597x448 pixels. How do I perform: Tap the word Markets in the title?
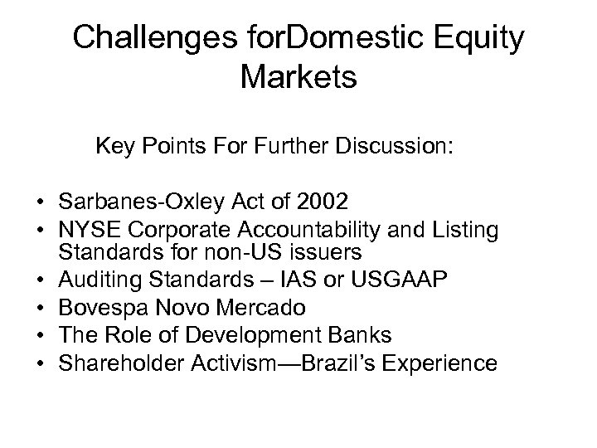(298, 78)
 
